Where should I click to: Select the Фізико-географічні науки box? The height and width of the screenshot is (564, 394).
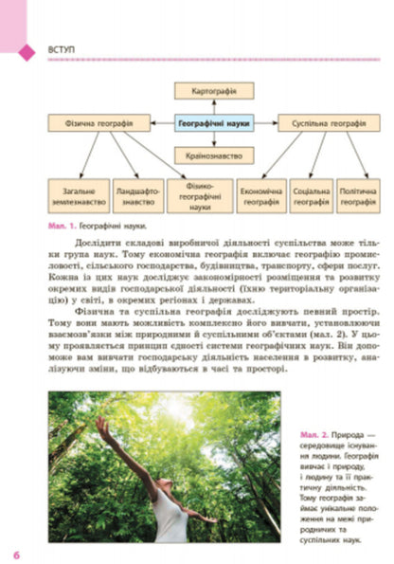point(200,197)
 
